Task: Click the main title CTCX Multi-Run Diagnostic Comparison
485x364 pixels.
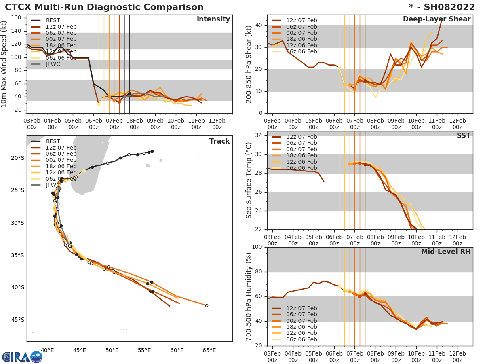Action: (x=104, y=7)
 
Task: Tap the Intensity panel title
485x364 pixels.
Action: (x=213, y=19)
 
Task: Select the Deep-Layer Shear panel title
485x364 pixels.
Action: (x=436, y=19)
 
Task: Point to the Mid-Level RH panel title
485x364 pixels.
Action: (x=446, y=252)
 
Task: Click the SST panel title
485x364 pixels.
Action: (x=463, y=135)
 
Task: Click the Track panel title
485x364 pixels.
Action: (x=219, y=141)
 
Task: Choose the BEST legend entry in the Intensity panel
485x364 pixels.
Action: (x=53, y=21)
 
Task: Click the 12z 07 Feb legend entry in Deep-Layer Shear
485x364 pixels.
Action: (x=302, y=21)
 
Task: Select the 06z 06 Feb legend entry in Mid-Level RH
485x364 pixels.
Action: (x=302, y=339)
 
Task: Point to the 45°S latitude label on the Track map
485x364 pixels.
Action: (x=17, y=320)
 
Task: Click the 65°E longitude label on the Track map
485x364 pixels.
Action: (x=209, y=350)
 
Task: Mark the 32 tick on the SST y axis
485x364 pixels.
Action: (x=259, y=135)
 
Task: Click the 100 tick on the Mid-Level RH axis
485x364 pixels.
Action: (x=257, y=247)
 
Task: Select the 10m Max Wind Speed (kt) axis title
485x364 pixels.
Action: (x=4, y=65)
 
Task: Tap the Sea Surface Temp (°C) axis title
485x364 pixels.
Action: (x=249, y=180)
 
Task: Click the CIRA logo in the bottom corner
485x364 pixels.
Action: (x=22, y=357)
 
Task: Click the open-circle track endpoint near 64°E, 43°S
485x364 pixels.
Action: (x=207, y=305)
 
